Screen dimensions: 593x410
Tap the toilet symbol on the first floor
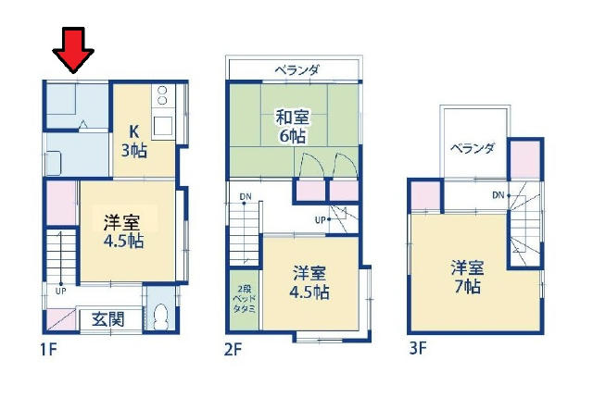pyautogui.click(x=161, y=317)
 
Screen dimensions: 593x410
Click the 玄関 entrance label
pyautogui.click(x=108, y=320)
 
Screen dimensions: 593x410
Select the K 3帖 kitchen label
pyautogui.click(x=134, y=142)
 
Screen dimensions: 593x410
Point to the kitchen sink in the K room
pyautogui.click(x=163, y=126)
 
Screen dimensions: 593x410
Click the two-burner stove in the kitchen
pyautogui.click(x=162, y=95)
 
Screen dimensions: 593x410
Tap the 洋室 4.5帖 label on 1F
pyautogui.click(x=123, y=230)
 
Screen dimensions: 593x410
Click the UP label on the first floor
pyautogui.click(x=60, y=291)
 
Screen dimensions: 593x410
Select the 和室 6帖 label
pyautogui.click(x=293, y=126)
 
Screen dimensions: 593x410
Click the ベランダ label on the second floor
pyautogui.click(x=296, y=70)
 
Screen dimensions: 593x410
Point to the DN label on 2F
pyautogui.click(x=246, y=196)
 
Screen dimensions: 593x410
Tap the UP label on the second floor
pyautogui.click(x=320, y=219)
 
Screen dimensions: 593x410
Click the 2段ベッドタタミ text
pyautogui.click(x=245, y=299)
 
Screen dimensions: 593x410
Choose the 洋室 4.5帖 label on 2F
pyautogui.click(x=309, y=282)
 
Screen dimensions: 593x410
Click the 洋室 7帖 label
pyautogui.click(x=467, y=277)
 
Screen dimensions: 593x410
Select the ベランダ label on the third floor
pyautogui.click(x=472, y=148)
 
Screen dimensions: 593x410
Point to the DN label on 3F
pyautogui.click(x=498, y=195)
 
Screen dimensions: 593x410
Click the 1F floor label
pyautogui.click(x=48, y=350)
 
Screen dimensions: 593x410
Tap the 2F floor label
pyautogui.click(x=233, y=350)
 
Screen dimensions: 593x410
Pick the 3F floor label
pyautogui.click(x=418, y=348)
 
